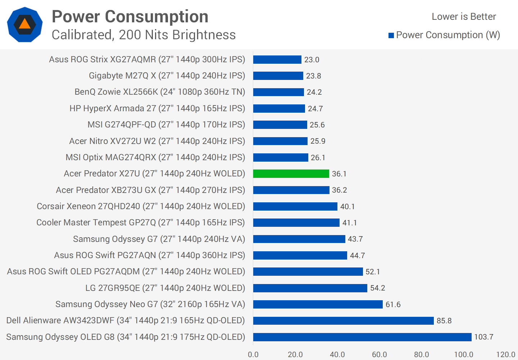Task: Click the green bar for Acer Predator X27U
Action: tap(291, 174)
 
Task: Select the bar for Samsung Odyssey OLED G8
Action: tap(362, 337)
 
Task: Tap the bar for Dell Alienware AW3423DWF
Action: tap(343, 320)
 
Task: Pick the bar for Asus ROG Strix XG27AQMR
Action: tap(277, 59)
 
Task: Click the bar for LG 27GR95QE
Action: tap(310, 288)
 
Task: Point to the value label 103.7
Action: tap(484, 337)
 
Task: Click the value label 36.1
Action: tap(339, 174)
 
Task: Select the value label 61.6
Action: tap(393, 305)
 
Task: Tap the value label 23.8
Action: tap(314, 76)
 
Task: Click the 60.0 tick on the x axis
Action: tap(379, 355)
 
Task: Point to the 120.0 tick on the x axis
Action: tap(505, 355)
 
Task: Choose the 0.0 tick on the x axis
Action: tap(253, 355)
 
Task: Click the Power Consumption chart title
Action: tap(130, 17)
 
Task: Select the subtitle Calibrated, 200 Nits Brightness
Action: tap(144, 35)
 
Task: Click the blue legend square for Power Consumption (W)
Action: tap(391, 35)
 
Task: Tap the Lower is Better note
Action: tap(464, 17)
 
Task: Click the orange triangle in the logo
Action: tap(24, 24)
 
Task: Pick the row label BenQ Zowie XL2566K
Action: tap(160, 92)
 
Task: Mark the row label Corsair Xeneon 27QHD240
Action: tap(141, 206)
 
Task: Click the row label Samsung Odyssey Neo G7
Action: tap(150, 304)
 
